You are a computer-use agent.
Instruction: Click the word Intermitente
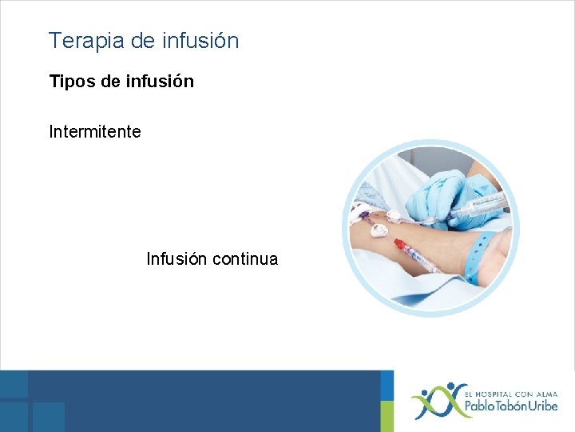click(95, 131)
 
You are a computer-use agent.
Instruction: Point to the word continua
click(245, 259)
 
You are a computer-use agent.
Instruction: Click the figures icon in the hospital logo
click(433, 401)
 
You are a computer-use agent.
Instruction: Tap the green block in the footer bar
click(387, 401)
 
